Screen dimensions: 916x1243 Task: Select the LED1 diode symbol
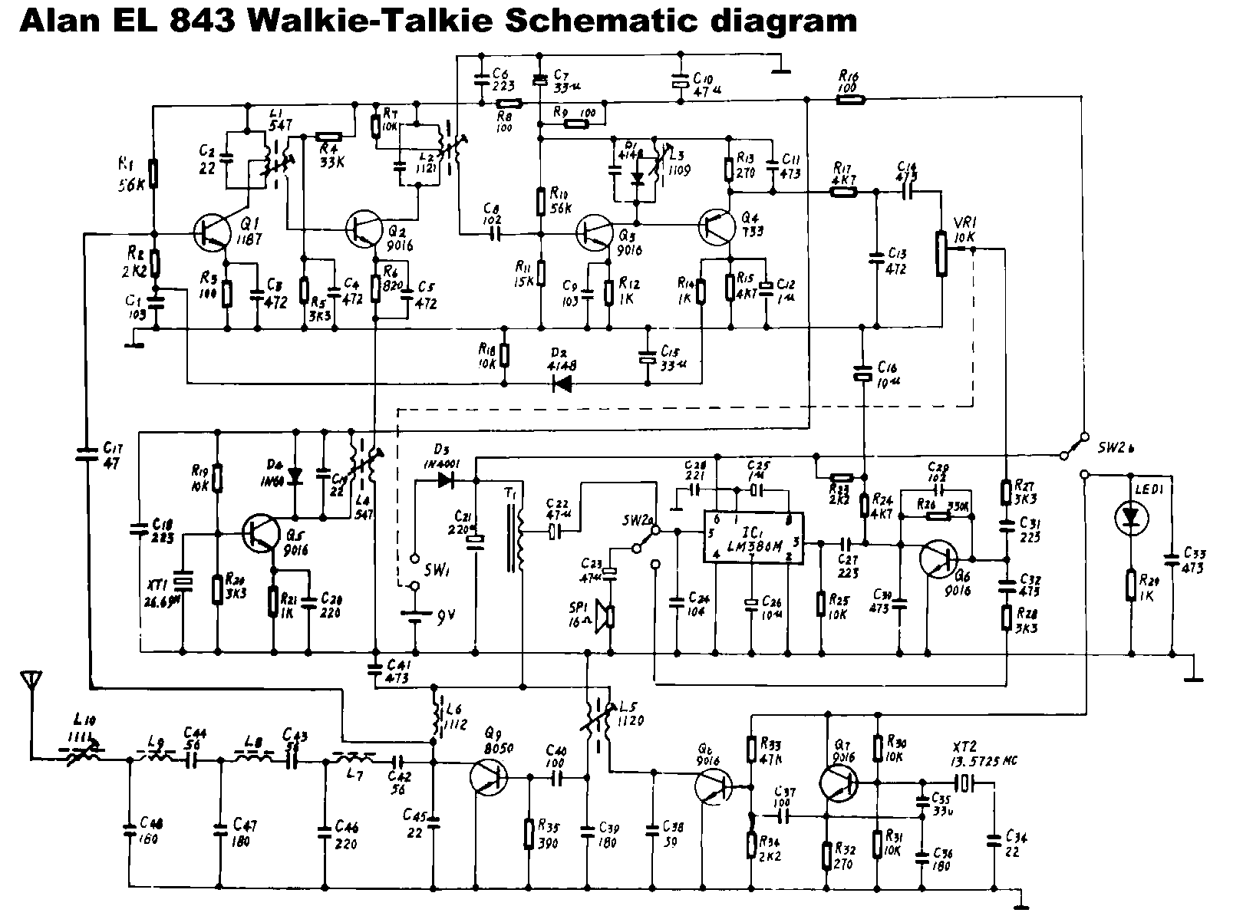(x=1131, y=519)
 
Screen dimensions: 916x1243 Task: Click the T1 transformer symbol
(x=516, y=541)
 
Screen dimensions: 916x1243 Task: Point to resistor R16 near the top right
(x=849, y=99)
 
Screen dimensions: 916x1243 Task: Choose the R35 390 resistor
(x=528, y=834)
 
